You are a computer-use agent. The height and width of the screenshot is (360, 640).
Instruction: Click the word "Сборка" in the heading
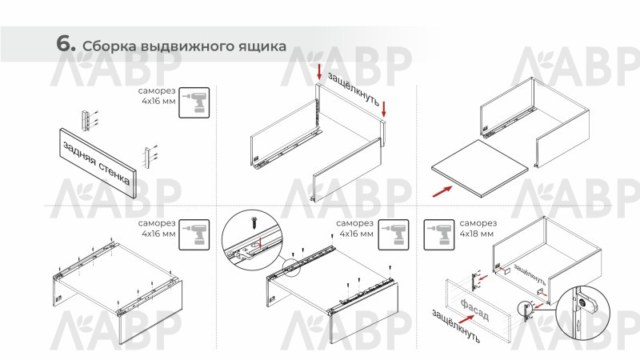click(x=110, y=46)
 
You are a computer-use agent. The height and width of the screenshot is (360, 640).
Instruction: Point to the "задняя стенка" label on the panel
click(x=97, y=163)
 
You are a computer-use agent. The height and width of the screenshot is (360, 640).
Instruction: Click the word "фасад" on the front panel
click(x=474, y=310)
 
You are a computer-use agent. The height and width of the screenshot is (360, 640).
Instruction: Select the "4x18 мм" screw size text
click(x=476, y=234)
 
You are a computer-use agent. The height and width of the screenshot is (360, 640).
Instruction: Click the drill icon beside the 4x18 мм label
click(x=438, y=234)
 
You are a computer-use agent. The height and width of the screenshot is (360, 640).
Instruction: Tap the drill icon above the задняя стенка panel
click(x=194, y=102)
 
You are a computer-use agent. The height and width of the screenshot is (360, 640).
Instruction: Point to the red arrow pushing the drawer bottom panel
click(x=442, y=191)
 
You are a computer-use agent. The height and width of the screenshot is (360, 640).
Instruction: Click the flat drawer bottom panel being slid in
click(x=479, y=168)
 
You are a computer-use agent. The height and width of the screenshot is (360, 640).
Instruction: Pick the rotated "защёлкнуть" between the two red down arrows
click(x=354, y=89)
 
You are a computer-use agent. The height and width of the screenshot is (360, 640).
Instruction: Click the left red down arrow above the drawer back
click(x=319, y=72)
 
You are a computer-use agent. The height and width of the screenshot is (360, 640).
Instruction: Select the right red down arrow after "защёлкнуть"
click(x=384, y=109)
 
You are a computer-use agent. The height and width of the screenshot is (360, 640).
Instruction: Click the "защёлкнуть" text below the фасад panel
click(x=456, y=326)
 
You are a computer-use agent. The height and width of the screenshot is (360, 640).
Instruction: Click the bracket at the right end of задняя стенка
click(x=147, y=158)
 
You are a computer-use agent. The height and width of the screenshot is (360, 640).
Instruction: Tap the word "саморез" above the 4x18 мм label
click(x=478, y=223)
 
